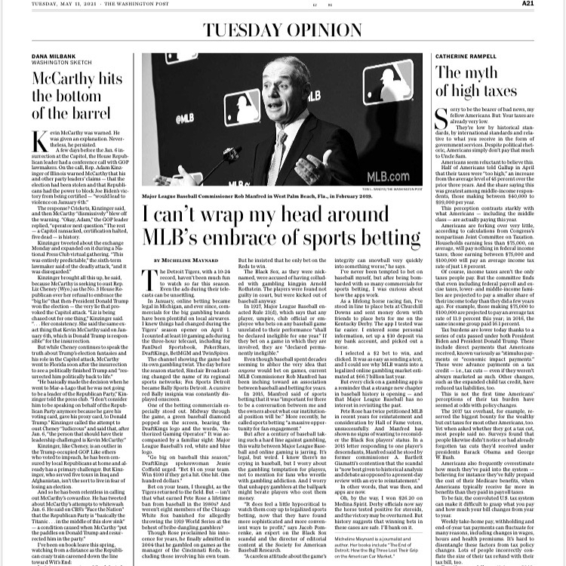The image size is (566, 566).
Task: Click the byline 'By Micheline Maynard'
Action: pos(175,260)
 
